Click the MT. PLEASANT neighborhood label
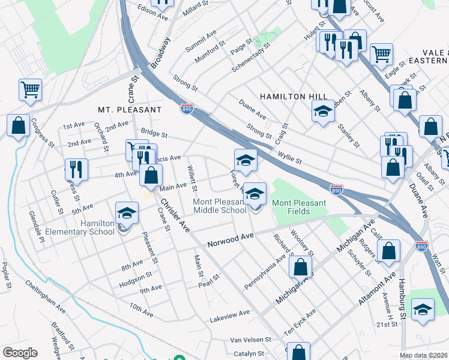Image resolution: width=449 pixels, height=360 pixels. click(130, 110)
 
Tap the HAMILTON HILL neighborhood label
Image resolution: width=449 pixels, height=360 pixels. click(294, 97)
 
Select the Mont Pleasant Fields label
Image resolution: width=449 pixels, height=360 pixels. click(299, 203)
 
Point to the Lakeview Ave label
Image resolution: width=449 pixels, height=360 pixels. click(230, 314)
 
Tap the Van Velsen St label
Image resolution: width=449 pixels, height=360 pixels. click(252, 340)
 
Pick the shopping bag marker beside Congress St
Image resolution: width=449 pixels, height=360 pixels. click(19, 126)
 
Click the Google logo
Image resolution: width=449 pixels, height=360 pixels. click(20, 353)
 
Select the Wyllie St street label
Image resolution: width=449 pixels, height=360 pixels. click(289, 158)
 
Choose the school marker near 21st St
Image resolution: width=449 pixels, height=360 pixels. click(423, 310)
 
